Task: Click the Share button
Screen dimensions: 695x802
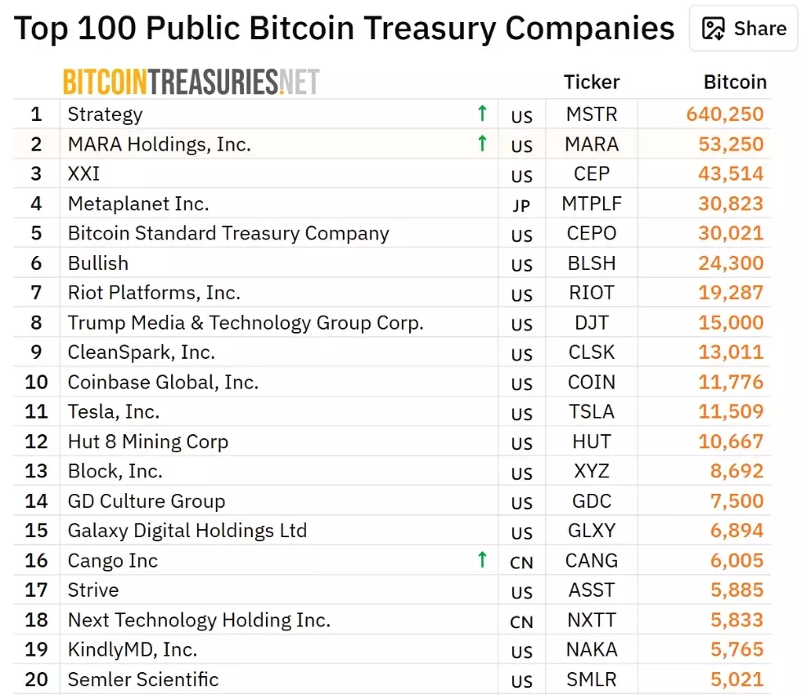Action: pyautogui.click(x=744, y=29)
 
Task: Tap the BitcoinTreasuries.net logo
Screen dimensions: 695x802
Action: pyautogui.click(x=191, y=82)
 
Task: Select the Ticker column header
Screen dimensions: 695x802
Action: pyautogui.click(x=592, y=82)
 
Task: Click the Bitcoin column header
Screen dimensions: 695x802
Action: pyautogui.click(x=735, y=82)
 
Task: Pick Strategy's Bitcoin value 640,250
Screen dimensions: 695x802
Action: pyautogui.click(x=725, y=114)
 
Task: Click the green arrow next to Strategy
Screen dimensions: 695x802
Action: pyautogui.click(x=482, y=114)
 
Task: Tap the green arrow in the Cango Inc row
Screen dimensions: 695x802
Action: pyautogui.click(x=482, y=560)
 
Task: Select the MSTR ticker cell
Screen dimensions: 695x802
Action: pyautogui.click(x=592, y=114)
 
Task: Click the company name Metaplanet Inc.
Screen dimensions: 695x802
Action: pyautogui.click(x=138, y=204)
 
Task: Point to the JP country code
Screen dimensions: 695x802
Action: pyautogui.click(x=521, y=205)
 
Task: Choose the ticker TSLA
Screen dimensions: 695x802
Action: pyautogui.click(x=592, y=412)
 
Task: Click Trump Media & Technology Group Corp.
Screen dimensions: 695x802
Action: pyautogui.click(x=246, y=322)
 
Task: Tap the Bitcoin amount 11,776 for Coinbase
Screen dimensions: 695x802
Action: pyautogui.click(x=731, y=382)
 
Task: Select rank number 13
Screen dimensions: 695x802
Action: pyautogui.click(x=36, y=471)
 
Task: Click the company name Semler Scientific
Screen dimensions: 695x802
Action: pyautogui.click(x=143, y=679)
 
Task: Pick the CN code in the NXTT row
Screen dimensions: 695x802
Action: pyautogui.click(x=521, y=622)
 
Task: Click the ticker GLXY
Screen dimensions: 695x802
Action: pyautogui.click(x=592, y=531)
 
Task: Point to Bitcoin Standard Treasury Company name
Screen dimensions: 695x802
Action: pyautogui.click(x=228, y=233)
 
